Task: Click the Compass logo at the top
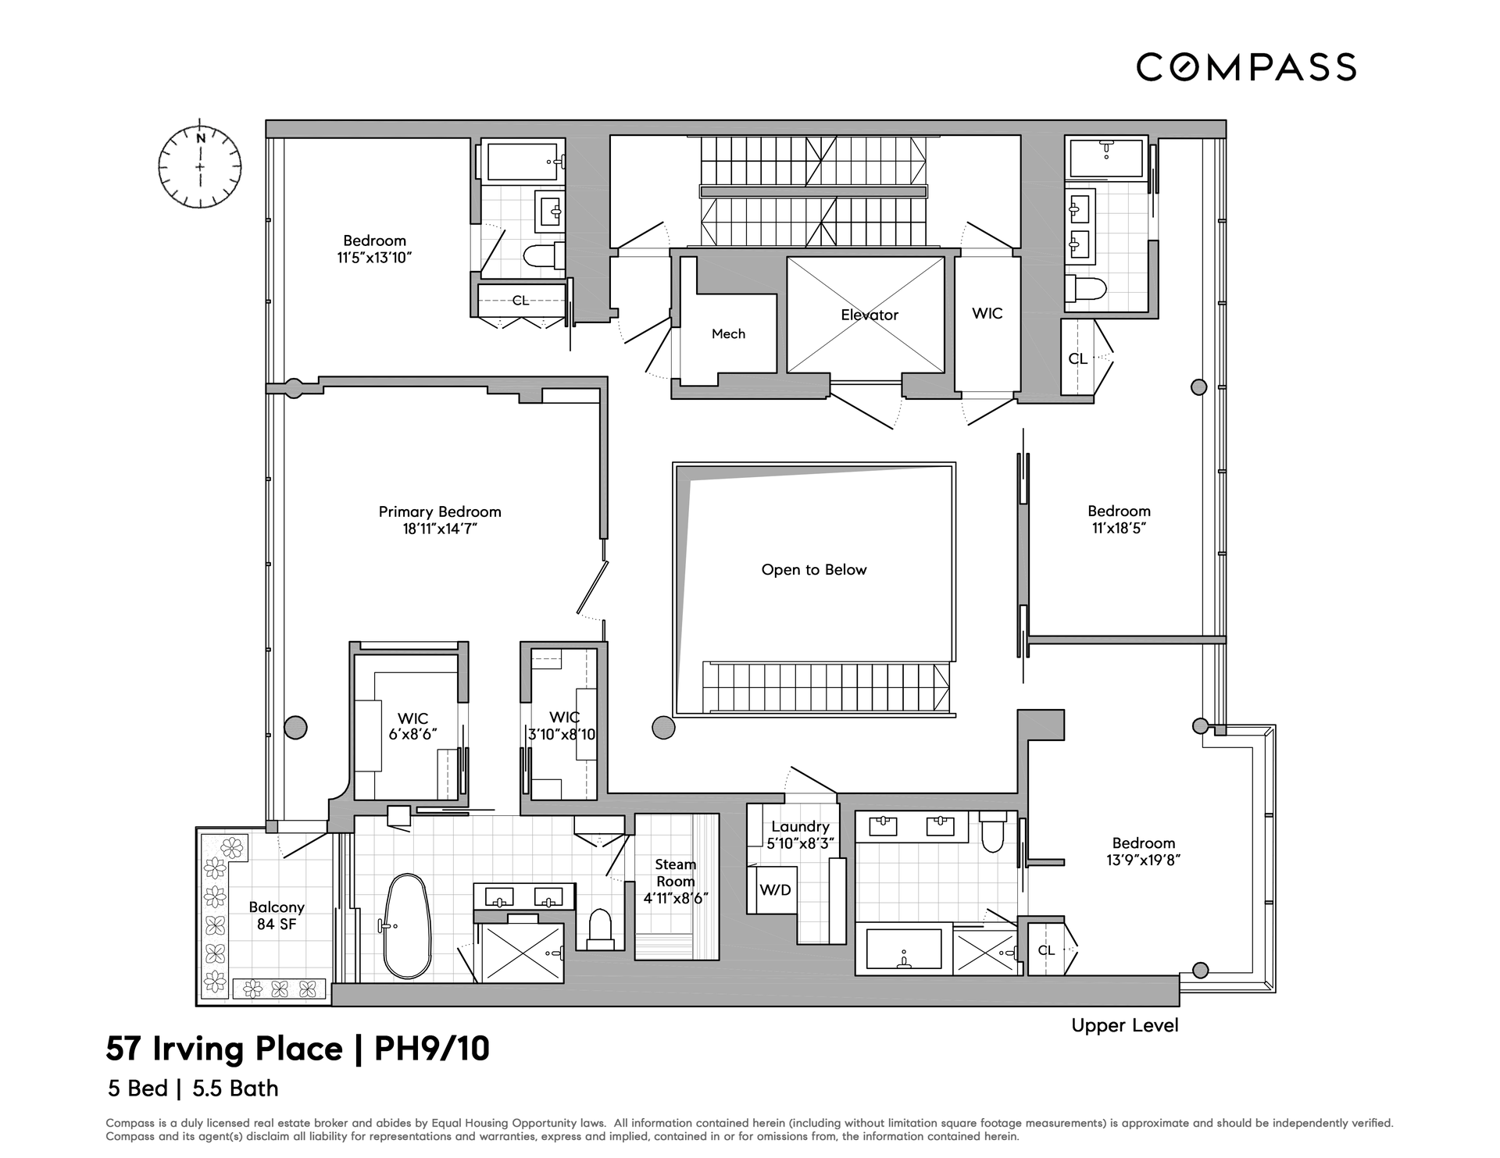1246,66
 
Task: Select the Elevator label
870,315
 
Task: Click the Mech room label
728,333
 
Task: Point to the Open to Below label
814,569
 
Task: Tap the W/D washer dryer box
775,889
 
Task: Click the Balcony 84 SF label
277,915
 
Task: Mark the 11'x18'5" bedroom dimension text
1120,528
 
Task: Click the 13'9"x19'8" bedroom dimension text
1144,860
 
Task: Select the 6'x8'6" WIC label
412,734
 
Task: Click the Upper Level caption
1125,1025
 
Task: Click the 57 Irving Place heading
224,1049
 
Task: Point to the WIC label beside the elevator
987,313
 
